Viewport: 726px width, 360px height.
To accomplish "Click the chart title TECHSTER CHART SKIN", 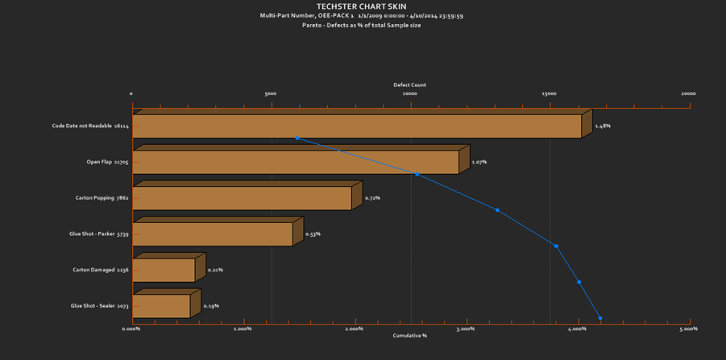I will coord(361,6).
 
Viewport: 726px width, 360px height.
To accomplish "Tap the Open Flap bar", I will coord(295,162).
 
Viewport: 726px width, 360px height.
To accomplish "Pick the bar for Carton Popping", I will coord(242,198).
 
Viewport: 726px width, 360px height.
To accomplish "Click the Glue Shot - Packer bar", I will coord(212,234).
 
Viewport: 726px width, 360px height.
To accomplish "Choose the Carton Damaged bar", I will coord(164,270).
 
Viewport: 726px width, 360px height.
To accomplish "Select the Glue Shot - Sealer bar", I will coord(161,306).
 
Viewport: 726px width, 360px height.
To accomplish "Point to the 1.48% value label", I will coord(603,126).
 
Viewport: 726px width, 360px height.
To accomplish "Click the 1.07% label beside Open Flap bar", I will coord(479,162).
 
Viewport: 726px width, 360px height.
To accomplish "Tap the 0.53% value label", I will coord(313,234).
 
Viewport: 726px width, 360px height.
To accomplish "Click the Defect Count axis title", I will coord(409,85).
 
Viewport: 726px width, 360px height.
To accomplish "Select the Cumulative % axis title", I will coord(409,335).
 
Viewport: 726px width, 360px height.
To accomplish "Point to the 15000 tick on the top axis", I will coord(549,93).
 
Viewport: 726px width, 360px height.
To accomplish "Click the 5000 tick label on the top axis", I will coord(271,93).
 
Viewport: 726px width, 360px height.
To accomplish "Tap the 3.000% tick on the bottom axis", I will coord(466,329).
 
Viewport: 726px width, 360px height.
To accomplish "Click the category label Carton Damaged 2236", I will coord(100,270).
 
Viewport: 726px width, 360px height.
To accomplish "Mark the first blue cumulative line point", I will coord(297,139).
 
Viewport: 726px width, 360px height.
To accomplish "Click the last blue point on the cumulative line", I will coord(600,318).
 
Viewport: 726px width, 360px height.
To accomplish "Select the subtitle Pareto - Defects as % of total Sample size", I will coord(361,25).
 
